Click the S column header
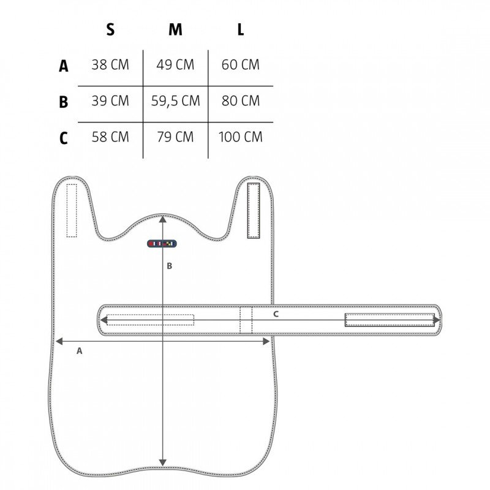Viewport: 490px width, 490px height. tap(110, 29)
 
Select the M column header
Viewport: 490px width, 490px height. tap(175, 29)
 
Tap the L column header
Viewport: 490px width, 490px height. tap(240, 29)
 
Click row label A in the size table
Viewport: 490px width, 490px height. tap(64, 66)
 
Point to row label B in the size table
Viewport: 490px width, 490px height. tap(64, 102)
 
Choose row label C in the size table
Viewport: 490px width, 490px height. tap(64, 138)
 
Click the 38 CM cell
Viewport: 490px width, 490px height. tap(110, 65)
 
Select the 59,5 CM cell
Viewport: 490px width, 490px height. tap(175, 101)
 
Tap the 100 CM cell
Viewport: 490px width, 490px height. tap(240, 137)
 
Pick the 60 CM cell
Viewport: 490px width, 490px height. tap(240, 65)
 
